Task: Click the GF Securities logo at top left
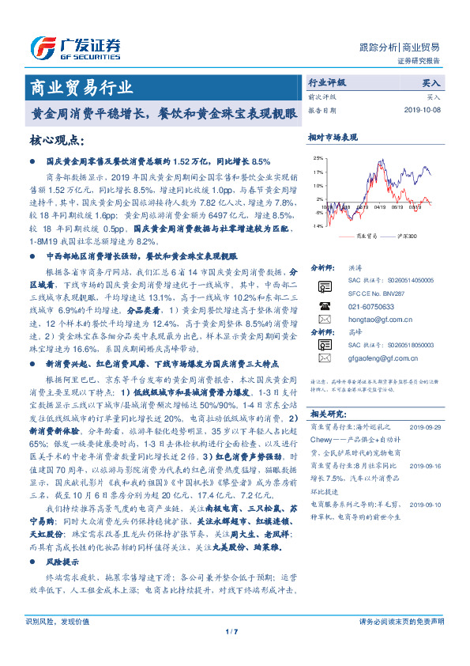coord(76,47)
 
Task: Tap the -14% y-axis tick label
coord(316,225)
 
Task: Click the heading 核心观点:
coord(57,140)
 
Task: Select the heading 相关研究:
coord(328,414)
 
